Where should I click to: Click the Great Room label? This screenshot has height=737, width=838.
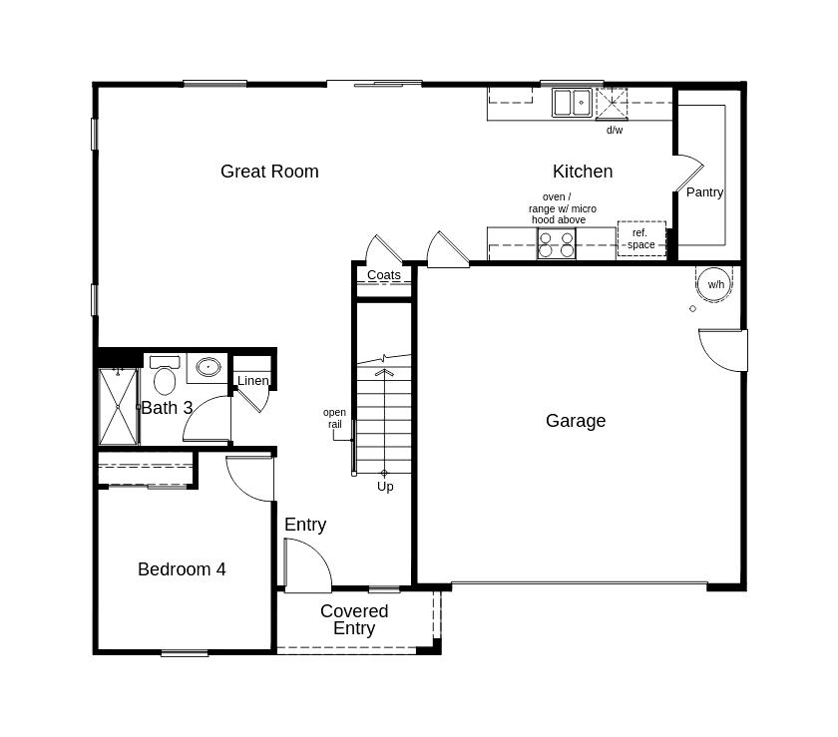[269, 172]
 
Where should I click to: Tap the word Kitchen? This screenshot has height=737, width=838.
[583, 172]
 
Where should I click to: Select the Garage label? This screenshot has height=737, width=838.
[576, 421]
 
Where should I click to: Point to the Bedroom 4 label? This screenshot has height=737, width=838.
[182, 569]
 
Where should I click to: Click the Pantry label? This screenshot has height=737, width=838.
[704, 192]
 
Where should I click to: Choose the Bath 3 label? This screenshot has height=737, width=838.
[167, 408]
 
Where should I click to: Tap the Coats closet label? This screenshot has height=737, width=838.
[384, 275]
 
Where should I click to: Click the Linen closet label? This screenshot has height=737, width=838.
[252, 381]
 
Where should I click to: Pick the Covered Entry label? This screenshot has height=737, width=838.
[354, 619]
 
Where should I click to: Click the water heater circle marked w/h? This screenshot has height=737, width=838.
[715, 284]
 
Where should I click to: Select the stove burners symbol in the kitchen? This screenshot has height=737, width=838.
[557, 243]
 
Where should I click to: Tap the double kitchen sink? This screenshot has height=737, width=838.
[573, 103]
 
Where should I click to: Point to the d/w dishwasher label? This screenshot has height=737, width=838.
[615, 131]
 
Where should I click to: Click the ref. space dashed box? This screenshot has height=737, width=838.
[641, 239]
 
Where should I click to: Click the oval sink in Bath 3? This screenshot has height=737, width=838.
[208, 367]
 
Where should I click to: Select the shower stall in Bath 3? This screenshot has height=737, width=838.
[119, 406]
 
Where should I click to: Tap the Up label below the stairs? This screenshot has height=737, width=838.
[385, 487]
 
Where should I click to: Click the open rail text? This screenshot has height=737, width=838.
[335, 419]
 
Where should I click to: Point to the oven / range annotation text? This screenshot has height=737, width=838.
[562, 208]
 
